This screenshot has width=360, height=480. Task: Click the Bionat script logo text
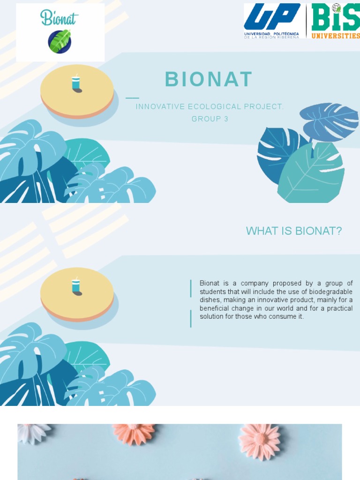pos(60,18)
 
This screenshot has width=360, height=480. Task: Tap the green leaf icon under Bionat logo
pos(60,41)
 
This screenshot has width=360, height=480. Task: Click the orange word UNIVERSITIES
pos(336,36)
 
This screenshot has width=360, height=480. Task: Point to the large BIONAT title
pos(209,79)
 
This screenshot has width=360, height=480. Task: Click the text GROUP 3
pos(210,119)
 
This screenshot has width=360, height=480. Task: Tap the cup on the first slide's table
pos(76,83)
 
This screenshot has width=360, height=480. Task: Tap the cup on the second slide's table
pos(76,285)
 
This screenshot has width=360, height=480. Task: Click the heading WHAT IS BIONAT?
pos(294,231)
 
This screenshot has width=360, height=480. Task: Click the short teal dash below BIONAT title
pos(133,98)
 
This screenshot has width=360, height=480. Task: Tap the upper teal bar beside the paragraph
pos(191,288)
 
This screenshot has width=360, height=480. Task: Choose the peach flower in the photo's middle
pos(134,432)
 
